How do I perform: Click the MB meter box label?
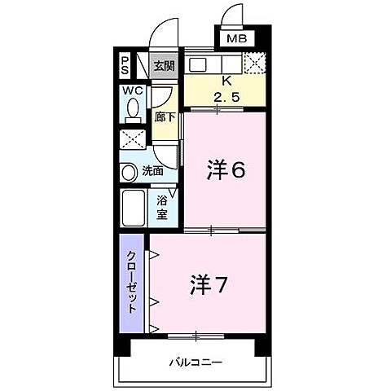pyautogui.click(x=235, y=39)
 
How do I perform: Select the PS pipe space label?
pyautogui.click(x=125, y=64)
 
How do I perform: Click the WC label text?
pyautogui.click(x=133, y=90)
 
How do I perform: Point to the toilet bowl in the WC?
pyautogui.click(x=133, y=108)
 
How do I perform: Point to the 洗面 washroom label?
pyautogui.click(x=153, y=172)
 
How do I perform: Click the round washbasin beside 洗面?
pyautogui.click(x=129, y=173)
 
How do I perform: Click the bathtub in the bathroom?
pyautogui.click(x=133, y=209)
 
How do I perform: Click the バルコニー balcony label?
pyautogui.click(x=195, y=362)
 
